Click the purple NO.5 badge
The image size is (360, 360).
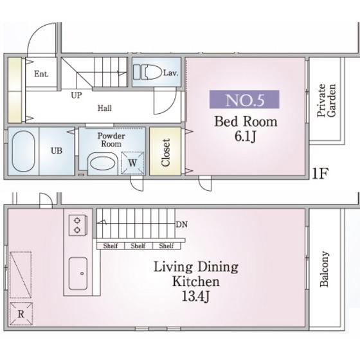[x=244, y=99]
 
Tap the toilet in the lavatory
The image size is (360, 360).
[x=147, y=72]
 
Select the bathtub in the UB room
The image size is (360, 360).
[x=23, y=151]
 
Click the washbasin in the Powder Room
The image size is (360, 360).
[x=103, y=163]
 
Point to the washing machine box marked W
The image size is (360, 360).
[x=132, y=163]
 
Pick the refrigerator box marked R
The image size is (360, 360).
[x=21, y=314]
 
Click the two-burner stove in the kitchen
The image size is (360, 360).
[x=78, y=225]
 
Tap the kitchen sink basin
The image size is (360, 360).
[x=78, y=273]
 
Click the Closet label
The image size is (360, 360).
[x=165, y=152]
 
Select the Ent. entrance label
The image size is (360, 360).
[x=41, y=74]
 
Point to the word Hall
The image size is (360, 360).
[x=105, y=108]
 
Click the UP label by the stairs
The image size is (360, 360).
[x=76, y=95]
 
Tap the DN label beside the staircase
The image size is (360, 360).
[x=181, y=224]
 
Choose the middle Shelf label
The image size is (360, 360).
[x=138, y=246]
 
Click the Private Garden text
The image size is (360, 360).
[x=326, y=100]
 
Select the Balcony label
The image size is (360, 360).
[x=324, y=269]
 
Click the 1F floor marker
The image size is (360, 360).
[x=320, y=174]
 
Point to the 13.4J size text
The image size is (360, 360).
[x=195, y=296]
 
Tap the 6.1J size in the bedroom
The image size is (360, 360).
[x=245, y=136]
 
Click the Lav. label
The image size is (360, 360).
[x=170, y=73]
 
